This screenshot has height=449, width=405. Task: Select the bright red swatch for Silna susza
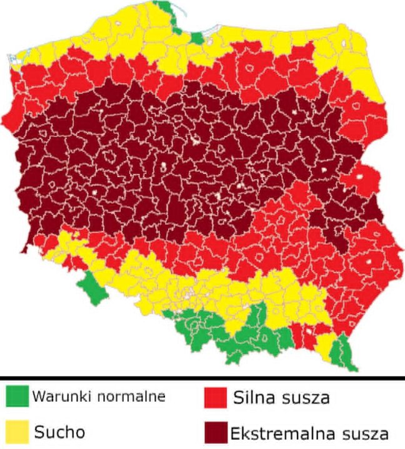point(215,397)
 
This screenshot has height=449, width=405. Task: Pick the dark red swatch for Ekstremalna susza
point(215,431)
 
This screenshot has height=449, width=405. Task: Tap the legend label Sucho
point(59,431)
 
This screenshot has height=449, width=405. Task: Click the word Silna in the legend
point(253,397)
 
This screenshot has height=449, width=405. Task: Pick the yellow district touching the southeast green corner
point(326,345)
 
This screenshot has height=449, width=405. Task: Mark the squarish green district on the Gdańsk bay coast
point(197,37)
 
